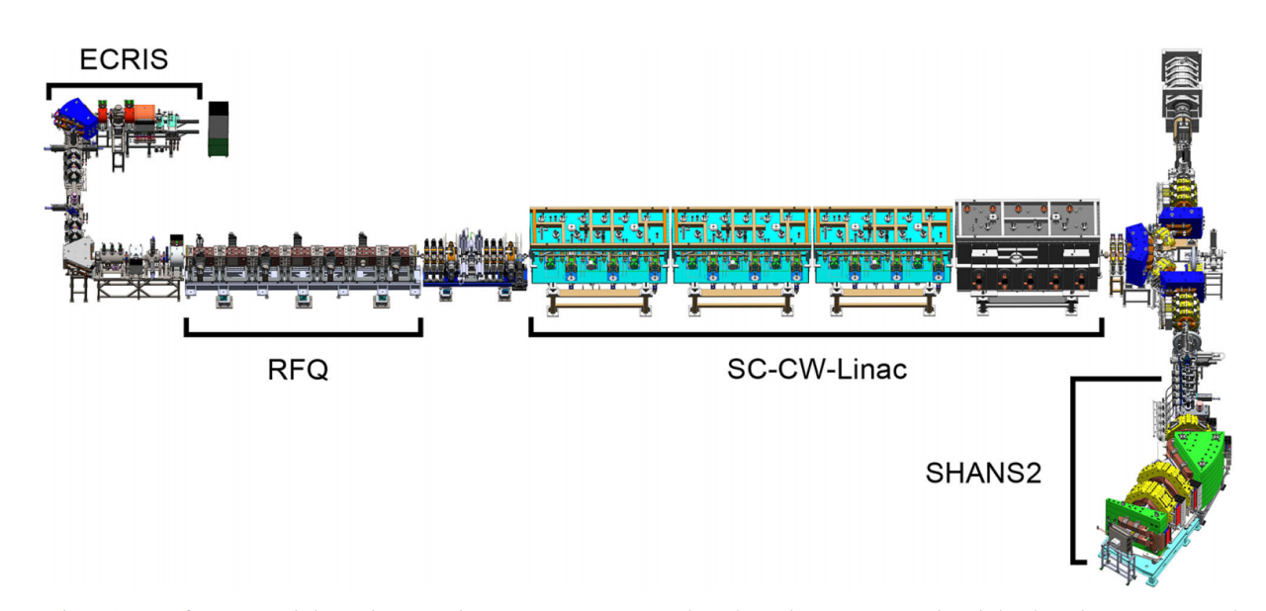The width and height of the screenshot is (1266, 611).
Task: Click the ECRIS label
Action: point(124,60)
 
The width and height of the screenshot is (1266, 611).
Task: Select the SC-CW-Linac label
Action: point(817,371)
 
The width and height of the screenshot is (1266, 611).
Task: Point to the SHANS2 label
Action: point(983,473)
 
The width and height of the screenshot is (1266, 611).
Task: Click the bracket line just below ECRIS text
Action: point(124,86)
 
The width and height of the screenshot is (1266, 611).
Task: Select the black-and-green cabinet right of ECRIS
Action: point(218,129)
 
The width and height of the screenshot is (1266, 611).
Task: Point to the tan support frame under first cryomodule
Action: point(599,301)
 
